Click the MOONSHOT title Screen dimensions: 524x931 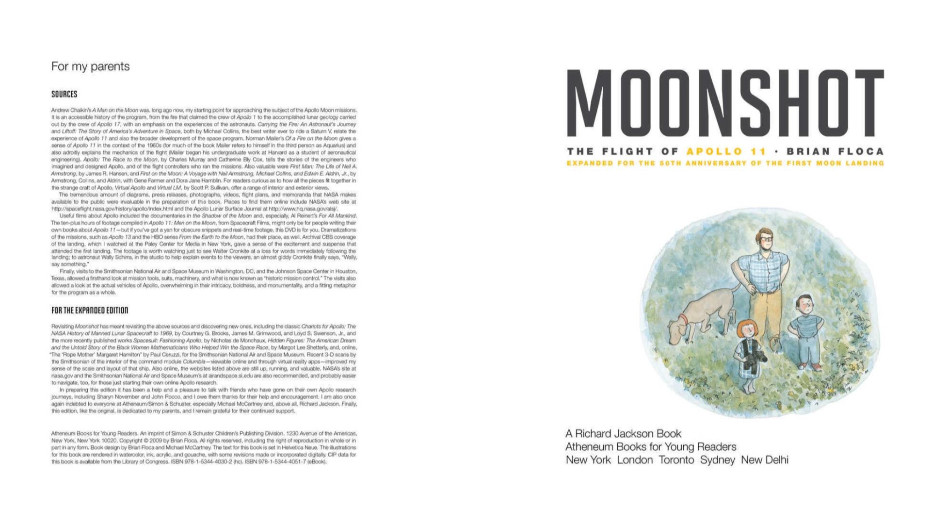tap(725, 103)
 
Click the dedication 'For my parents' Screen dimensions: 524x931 tap(91, 66)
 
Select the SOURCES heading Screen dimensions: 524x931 tap(64, 94)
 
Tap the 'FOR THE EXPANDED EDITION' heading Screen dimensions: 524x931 tap(90, 311)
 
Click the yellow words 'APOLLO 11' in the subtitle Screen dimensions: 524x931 tap(726, 152)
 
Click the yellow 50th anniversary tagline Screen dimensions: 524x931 tap(725, 164)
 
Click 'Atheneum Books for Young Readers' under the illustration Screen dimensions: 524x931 tap(651, 447)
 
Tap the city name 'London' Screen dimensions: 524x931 tap(635, 460)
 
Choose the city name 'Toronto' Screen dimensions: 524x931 tap(676, 460)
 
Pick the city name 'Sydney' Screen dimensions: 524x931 tap(717, 460)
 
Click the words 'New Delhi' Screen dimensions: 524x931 tap(765, 460)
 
